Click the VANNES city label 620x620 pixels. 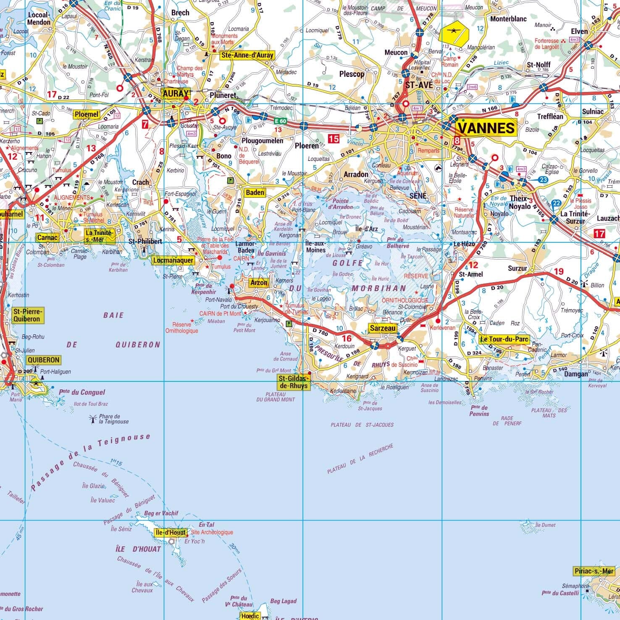coord(486,127)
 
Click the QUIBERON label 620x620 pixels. coord(43,360)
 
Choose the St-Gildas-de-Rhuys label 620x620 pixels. coord(293,382)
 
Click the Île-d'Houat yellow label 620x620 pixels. coord(170,532)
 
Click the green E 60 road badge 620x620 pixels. coord(280,121)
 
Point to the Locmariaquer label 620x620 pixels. coord(173,260)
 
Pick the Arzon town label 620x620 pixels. coord(259,283)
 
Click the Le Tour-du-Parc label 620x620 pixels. coord(504,339)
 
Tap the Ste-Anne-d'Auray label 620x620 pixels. coord(247,55)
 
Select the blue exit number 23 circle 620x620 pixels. coord(543,180)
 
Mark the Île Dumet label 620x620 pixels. coord(545,525)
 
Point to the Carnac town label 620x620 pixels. coord(47,238)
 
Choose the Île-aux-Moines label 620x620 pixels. coord(315,247)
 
